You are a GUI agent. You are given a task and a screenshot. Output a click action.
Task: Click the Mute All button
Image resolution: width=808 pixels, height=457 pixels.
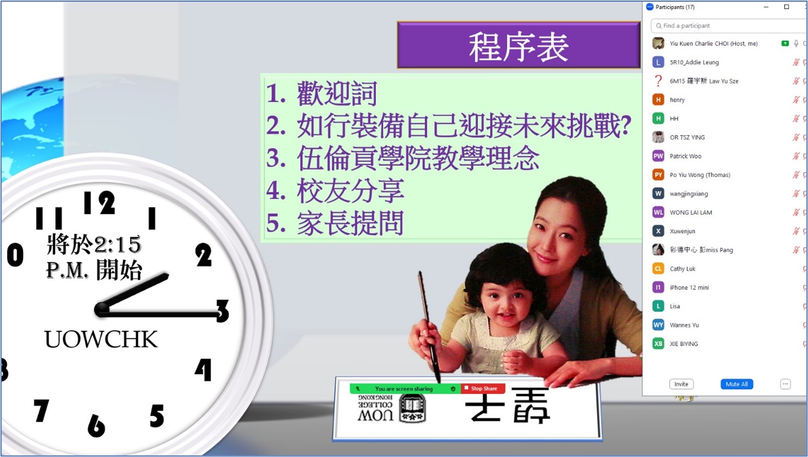[737, 384]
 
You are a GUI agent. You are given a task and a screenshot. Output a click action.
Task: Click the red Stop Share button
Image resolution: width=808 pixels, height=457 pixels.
[483, 388]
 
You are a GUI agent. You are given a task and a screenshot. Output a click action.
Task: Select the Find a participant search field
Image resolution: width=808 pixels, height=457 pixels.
[729, 26]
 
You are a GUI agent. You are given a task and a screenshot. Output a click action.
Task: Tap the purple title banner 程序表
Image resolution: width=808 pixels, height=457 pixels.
[518, 44]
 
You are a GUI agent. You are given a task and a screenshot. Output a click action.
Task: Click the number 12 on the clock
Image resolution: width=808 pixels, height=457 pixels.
[99, 203]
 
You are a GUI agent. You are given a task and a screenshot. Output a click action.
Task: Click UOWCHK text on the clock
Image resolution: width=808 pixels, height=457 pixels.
[101, 339]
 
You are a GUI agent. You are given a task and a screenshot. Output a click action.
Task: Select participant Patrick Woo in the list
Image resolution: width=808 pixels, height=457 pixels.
[685, 156]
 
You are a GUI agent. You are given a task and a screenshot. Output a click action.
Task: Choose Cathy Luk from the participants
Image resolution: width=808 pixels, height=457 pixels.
[683, 268]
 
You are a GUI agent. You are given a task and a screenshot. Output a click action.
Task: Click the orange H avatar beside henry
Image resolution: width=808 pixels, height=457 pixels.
[658, 100]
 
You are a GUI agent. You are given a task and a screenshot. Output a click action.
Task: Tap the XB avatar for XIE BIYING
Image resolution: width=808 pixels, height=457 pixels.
[658, 344]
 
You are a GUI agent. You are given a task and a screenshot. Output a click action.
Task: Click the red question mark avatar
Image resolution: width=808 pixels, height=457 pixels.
[658, 81]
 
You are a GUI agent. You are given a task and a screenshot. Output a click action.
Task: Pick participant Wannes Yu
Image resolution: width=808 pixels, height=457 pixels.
[684, 325]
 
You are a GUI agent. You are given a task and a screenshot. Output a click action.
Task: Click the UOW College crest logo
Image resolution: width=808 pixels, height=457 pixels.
[412, 408]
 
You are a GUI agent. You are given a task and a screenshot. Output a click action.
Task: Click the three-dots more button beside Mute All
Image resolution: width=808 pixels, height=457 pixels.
[785, 384]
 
